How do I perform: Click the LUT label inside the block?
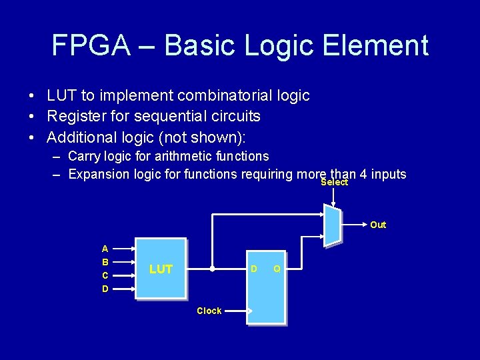click(x=161, y=269)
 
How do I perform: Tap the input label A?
click(x=105, y=249)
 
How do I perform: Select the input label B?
click(x=105, y=262)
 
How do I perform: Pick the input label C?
click(x=105, y=275)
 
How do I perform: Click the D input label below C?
click(x=105, y=289)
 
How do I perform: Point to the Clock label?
click(x=209, y=311)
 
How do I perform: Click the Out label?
click(x=378, y=225)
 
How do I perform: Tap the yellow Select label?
click(x=334, y=183)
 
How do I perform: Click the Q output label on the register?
click(x=277, y=269)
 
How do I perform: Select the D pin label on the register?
click(x=253, y=269)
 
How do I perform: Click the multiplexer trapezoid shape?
click(x=332, y=225)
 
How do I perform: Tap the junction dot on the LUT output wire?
click(x=212, y=270)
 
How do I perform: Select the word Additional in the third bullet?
click(x=80, y=137)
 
